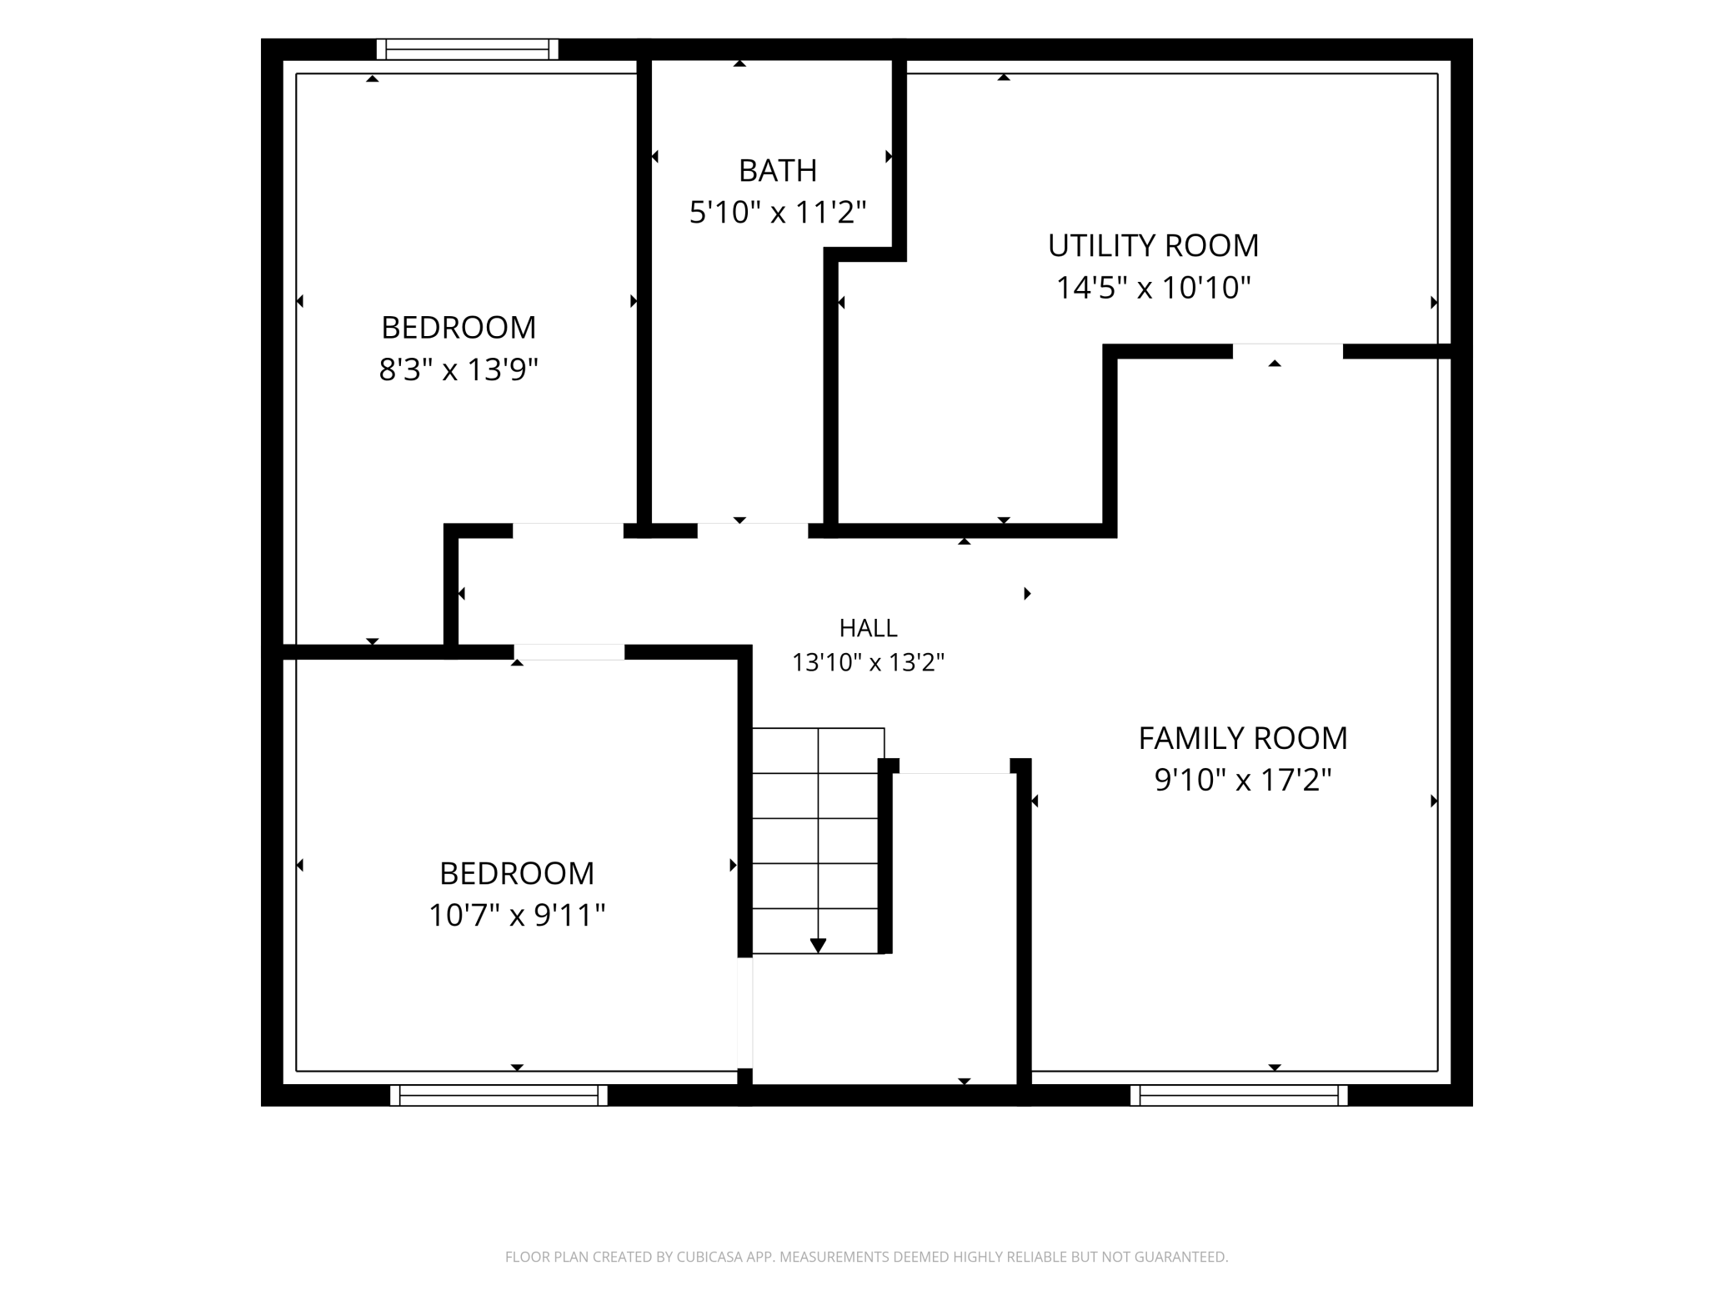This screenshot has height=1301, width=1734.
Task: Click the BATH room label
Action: click(777, 170)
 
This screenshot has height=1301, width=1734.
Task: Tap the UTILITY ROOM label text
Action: click(1153, 245)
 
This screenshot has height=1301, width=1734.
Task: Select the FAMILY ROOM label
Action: click(1243, 738)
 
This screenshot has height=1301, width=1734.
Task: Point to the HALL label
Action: click(868, 627)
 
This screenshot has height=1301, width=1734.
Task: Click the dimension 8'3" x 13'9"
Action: click(459, 369)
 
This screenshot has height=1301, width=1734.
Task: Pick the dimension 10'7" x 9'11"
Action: click(517, 915)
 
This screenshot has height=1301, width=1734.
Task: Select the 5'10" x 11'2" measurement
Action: click(778, 212)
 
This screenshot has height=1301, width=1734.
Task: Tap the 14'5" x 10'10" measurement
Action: click(1154, 287)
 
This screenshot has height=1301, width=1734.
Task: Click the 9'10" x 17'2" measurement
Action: click(1243, 780)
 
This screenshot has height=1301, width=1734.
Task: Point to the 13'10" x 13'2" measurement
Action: click(868, 662)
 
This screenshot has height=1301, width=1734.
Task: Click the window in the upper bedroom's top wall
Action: click(467, 49)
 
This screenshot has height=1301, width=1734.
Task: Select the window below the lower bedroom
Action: click(499, 1095)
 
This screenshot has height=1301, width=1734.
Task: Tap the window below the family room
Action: click(1239, 1095)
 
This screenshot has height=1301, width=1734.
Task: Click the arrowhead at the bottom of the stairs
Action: click(818, 945)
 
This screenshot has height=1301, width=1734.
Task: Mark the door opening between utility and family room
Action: click(1288, 351)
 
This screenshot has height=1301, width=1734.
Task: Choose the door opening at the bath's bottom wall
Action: click(753, 530)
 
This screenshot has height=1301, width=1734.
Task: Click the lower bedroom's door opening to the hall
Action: click(569, 652)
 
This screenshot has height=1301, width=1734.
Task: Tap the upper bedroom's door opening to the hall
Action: click(568, 530)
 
